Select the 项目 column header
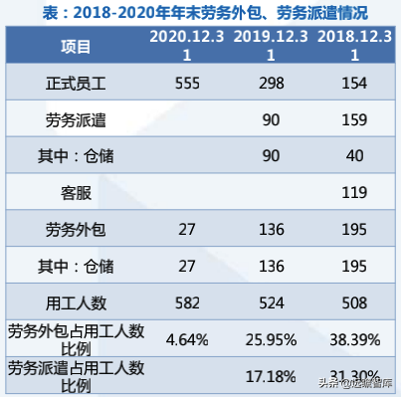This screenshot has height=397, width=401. point(72,46)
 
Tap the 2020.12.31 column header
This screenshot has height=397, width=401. point(187,46)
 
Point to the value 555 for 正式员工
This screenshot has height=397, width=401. point(187,85)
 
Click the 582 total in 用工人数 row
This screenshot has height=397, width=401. point(187,302)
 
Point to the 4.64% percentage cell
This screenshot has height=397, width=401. point(187,339)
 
